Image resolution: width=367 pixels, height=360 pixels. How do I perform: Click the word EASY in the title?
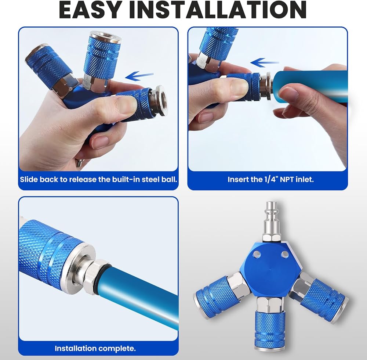(x=90, y=10)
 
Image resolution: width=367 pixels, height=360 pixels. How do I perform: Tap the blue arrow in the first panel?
(x=139, y=76)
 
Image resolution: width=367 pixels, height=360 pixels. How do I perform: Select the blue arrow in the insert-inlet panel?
(x=265, y=63)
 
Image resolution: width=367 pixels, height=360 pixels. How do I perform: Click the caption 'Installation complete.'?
(x=95, y=348)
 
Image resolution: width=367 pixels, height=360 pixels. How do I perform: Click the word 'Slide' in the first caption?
(x=29, y=179)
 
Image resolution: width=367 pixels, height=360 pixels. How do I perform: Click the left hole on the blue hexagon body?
(x=256, y=254)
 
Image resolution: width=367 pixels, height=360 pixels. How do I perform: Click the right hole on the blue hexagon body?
(x=285, y=254)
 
